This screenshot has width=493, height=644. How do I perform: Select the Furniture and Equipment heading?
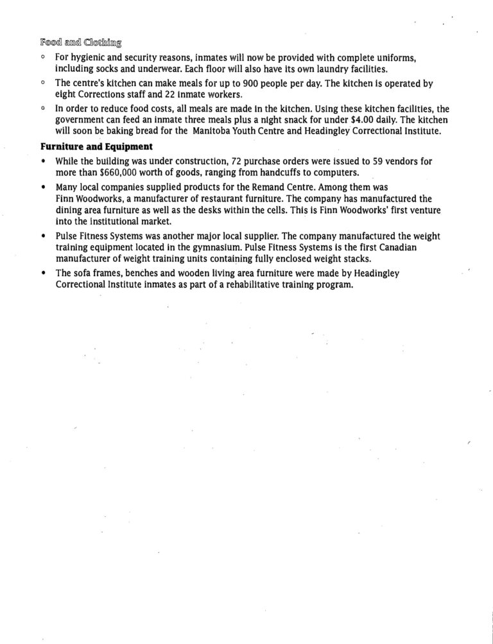(x=96, y=146)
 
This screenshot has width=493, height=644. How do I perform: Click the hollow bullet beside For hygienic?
(x=42, y=57)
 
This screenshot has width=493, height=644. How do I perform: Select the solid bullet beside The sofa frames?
(x=42, y=274)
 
